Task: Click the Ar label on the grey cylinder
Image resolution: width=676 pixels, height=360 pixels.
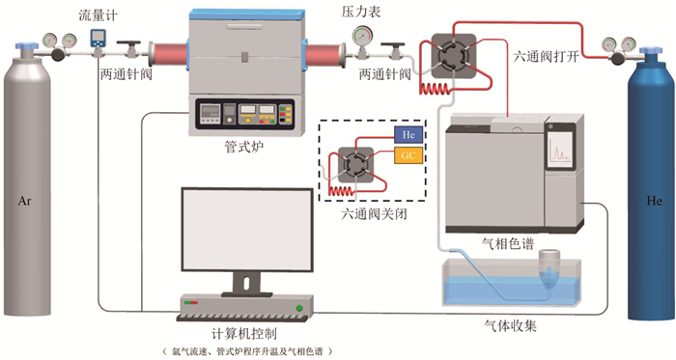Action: click(x=24, y=201)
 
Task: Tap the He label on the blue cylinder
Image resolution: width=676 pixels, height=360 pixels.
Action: click(x=654, y=201)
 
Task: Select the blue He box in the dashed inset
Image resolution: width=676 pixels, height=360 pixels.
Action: click(x=408, y=135)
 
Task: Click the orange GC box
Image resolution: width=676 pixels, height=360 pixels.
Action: click(x=408, y=155)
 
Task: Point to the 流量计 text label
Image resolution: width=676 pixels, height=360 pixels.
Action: click(x=98, y=15)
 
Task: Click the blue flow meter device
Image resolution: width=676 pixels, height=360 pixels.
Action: click(x=98, y=39)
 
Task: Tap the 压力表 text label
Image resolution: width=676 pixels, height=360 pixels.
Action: click(x=361, y=12)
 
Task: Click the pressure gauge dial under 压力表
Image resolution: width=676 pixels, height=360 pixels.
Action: click(x=362, y=37)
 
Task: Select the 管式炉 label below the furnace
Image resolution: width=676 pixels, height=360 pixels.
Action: click(x=244, y=148)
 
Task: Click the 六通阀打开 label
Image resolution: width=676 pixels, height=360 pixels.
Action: click(x=546, y=56)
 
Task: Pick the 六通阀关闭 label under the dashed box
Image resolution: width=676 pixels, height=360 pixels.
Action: click(x=374, y=214)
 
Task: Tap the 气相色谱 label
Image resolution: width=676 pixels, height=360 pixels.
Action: click(x=507, y=244)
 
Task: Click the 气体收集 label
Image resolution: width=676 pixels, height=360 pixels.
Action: click(x=511, y=326)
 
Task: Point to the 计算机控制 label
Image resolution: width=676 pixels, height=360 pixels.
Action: click(x=244, y=334)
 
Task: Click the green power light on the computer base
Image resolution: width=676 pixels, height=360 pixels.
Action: click(x=299, y=308)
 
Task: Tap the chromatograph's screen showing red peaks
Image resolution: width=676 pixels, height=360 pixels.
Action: click(x=560, y=150)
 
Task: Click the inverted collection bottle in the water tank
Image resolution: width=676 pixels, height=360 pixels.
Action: click(x=549, y=268)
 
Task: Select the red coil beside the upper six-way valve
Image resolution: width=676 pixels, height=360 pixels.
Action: click(x=435, y=89)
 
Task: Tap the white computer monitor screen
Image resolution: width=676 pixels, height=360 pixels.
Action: click(x=246, y=230)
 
